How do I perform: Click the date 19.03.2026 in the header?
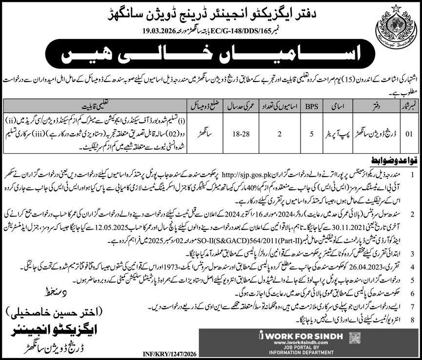[129, 30]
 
